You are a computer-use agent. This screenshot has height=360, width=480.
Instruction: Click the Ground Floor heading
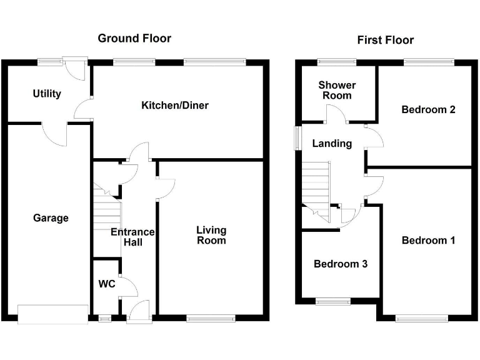[134, 39]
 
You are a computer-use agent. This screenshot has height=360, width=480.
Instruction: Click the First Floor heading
[386, 40]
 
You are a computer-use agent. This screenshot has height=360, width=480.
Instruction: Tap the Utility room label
[47, 94]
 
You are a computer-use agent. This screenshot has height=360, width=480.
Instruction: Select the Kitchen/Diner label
[175, 105]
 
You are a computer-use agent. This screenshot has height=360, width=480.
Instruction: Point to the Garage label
[51, 218]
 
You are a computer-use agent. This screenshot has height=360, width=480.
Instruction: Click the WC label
[107, 284]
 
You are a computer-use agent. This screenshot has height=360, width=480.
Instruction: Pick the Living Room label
[211, 235]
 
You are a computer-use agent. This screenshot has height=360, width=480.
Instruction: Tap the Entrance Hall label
[132, 237]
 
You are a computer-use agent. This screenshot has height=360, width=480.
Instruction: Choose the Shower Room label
[337, 90]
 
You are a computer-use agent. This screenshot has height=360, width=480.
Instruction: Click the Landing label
[332, 144]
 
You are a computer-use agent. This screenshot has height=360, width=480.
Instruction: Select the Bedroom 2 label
[428, 109]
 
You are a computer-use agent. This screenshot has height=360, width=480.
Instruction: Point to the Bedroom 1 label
[428, 241]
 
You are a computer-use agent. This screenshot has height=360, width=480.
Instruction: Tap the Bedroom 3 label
[341, 264]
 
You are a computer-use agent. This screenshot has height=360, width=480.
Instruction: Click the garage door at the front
[53, 314]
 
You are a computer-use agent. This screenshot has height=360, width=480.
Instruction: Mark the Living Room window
[211, 319]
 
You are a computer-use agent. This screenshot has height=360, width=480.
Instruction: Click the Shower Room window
[337, 62]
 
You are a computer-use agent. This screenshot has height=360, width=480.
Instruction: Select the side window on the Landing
[297, 138]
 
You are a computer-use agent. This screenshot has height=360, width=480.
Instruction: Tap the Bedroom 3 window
[333, 302]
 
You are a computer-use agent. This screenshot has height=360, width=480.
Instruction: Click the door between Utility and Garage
[54, 134]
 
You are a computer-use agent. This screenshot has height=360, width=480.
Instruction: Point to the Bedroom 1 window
[422, 319]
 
